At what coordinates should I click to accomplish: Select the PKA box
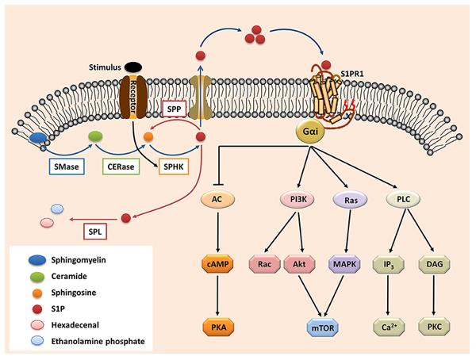coord(215,326)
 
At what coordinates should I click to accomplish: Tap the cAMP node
coord(215,262)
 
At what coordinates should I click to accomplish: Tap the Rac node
coord(264,262)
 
